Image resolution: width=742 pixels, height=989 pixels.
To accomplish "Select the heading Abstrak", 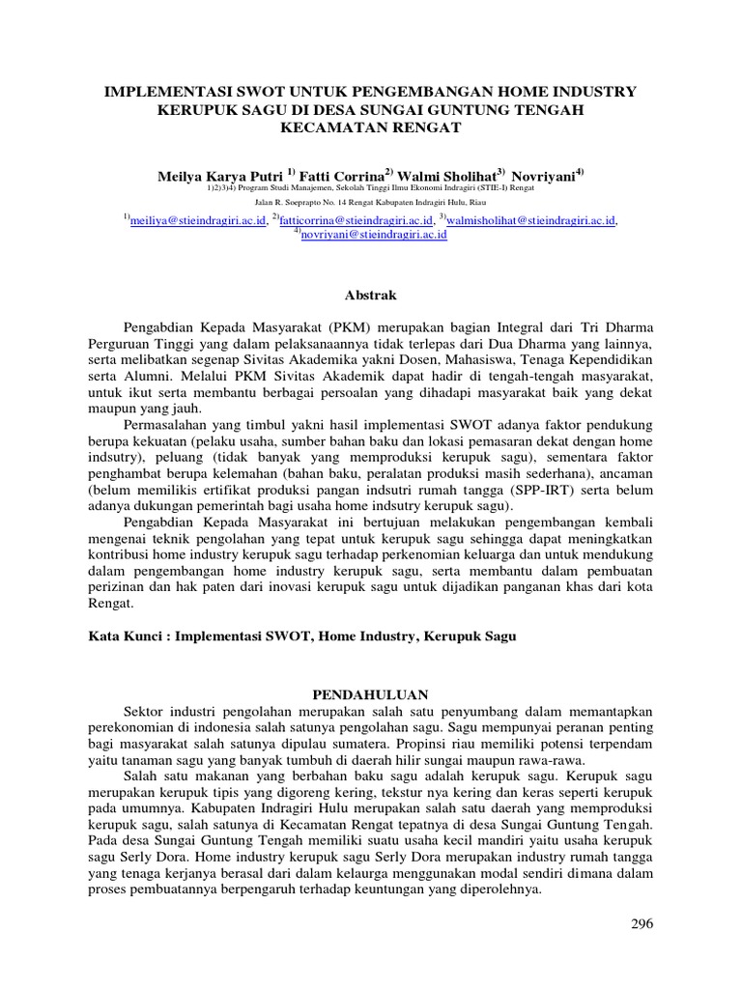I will (x=371, y=295).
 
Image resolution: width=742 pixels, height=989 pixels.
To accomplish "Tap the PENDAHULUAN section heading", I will (x=371, y=694).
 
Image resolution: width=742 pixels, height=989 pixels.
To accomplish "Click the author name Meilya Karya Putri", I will (x=219, y=177).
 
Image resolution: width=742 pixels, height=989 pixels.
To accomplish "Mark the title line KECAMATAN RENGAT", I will (x=371, y=127).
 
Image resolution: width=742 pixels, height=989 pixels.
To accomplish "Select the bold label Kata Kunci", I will (x=124, y=637).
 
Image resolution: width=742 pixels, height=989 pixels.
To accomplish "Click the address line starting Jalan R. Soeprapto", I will (x=371, y=203).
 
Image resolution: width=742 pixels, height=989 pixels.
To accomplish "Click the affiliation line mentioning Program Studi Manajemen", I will (x=371, y=189).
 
